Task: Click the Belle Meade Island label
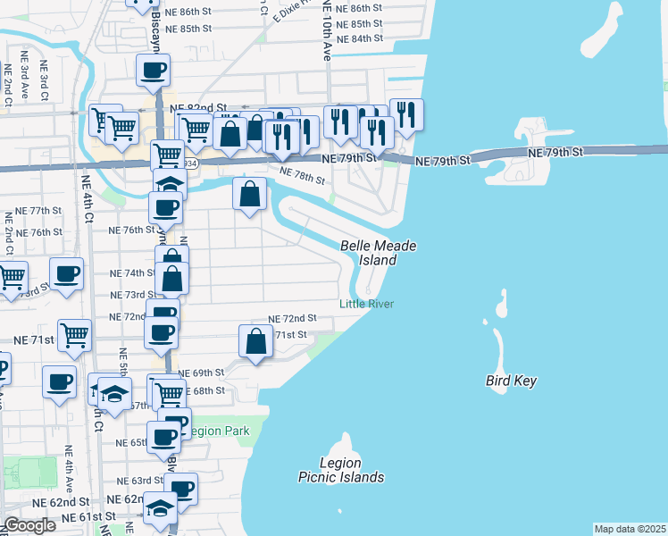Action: coord(378,253)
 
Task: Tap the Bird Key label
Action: coord(512,381)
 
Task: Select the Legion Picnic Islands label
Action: coord(341,470)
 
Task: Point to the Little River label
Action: coord(366,304)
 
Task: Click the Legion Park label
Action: coord(220,431)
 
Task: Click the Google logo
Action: coord(29,525)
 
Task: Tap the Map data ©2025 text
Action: coord(630,529)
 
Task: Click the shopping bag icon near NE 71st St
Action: coord(255,341)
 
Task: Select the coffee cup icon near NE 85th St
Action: coord(153,70)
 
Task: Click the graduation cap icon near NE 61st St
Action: coord(161,507)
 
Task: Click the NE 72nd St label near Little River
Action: coord(293,318)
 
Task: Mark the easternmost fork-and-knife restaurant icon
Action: coord(406,114)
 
